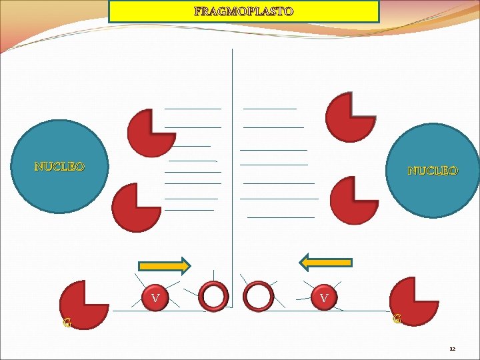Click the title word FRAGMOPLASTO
pos(243,11)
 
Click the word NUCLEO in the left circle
pos(59,167)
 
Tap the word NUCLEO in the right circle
pos(433,171)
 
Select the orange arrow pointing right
pos(164,266)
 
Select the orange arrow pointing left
pos(326,262)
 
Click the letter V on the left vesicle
pos(155,298)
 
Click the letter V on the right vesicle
pos(324,298)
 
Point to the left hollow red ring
pos(215,296)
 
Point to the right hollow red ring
pos(259,296)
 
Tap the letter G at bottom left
pos(67,324)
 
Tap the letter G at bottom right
pos(397,319)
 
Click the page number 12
pos(452,349)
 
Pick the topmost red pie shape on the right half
pos(351,117)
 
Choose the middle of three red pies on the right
pos(353,201)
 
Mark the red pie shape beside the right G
pos(413,301)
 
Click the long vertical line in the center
pos(232,167)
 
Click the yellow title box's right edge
pos(379,11)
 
